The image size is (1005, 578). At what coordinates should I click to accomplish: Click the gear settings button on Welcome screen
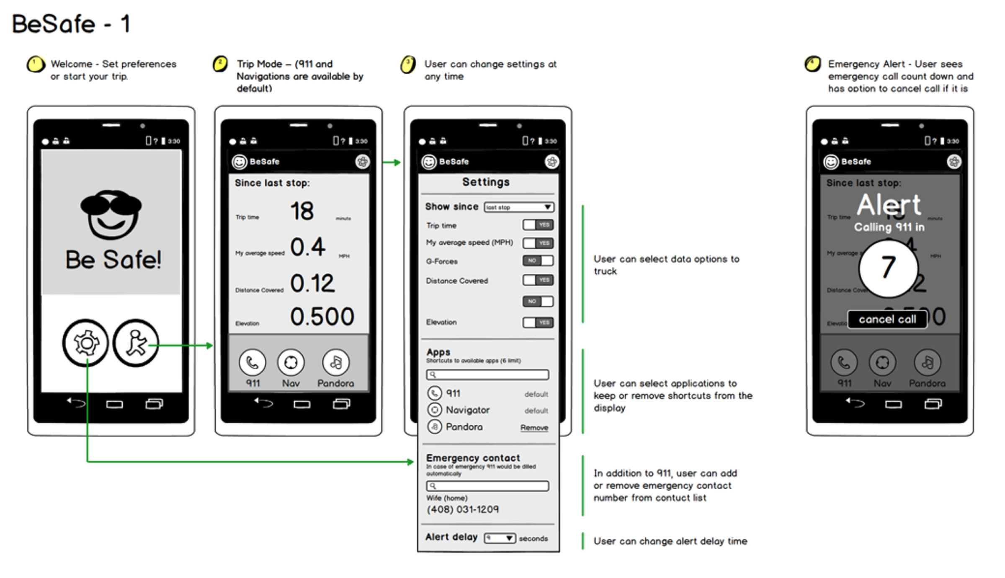click(86, 343)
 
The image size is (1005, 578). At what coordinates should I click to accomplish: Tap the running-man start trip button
click(136, 343)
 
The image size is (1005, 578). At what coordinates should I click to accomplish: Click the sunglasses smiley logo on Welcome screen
click(111, 214)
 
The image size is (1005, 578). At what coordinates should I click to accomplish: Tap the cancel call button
click(887, 320)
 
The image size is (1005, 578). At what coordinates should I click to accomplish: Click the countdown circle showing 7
click(888, 268)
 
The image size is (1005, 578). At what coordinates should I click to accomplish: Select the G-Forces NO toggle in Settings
click(538, 261)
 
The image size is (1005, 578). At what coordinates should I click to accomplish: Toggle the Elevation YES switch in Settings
click(538, 322)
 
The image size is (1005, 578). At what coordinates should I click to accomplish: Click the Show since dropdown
click(519, 207)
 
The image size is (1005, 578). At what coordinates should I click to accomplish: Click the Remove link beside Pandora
click(534, 428)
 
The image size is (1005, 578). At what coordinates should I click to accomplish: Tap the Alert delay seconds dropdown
click(500, 538)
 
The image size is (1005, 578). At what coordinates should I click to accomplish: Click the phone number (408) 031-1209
click(462, 509)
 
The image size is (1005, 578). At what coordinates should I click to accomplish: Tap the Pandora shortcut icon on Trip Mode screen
click(335, 362)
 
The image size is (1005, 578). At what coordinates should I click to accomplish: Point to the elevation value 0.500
click(322, 317)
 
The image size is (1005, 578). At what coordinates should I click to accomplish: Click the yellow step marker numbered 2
click(220, 64)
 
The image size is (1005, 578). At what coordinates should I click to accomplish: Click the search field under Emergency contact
click(487, 486)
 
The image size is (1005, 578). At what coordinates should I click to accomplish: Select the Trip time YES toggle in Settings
click(538, 225)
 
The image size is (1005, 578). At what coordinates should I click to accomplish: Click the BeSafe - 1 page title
click(71, 24)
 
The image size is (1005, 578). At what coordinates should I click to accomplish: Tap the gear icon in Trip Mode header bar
click(362, 162)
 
